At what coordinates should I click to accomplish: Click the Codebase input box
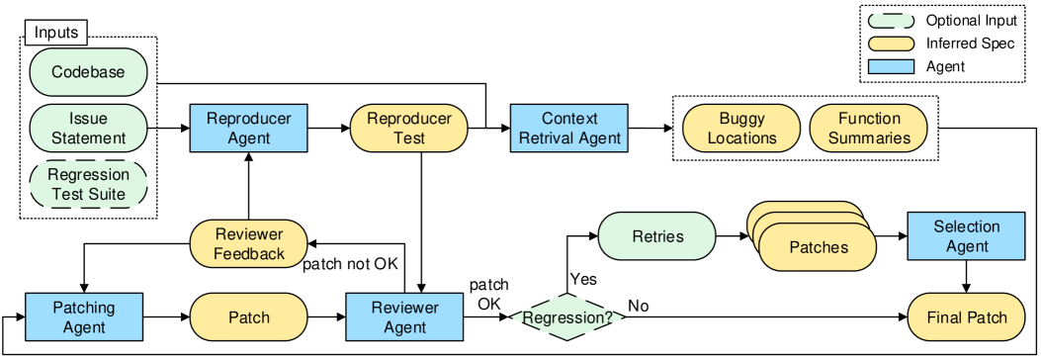(88, 72)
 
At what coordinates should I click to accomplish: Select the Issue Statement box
(88, 129)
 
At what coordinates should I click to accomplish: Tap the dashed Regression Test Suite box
(88, 184)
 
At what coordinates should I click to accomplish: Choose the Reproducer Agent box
(248, 129)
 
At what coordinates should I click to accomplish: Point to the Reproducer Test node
(409, 129)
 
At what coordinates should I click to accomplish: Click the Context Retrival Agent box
(568, 129)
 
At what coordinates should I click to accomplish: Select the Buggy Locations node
(741, 129)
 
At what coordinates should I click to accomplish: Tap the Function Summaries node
(869, 129)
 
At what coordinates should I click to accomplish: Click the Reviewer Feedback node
(248, 244)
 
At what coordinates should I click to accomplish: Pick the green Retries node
(656, 236)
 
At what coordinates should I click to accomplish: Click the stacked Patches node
(818, 246)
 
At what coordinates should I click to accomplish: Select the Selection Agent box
(967, 236)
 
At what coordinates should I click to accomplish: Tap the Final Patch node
(967, 317)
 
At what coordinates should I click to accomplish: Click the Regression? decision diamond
(567, 317)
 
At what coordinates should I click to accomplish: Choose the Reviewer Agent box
(404, 317)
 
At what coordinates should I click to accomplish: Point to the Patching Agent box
(84, 317)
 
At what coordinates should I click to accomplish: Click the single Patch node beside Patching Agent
(248, 317)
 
